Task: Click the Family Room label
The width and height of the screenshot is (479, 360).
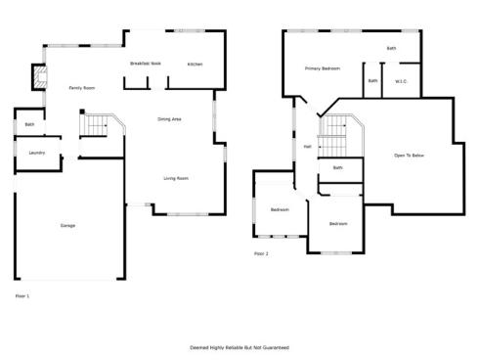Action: [x=81, y=88]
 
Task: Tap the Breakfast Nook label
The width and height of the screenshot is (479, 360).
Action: [x=145, y=64]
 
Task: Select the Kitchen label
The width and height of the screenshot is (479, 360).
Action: [x=196, y=64]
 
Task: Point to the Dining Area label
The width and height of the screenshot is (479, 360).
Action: [x=169, y=119]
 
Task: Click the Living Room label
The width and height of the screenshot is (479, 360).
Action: [x=176, y=178]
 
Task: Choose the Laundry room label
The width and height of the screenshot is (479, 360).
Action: [x=37, y=153]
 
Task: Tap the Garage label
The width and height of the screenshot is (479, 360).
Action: [x=67, y=225]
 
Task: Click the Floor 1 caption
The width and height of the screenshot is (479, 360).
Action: [x=22, y=295]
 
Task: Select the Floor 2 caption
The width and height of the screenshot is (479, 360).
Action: [x=261, y=253]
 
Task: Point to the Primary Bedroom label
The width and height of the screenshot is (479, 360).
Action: [x=322, y=68]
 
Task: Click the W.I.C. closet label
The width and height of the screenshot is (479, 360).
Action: [x=401, y=81]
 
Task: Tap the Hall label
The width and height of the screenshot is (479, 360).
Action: [x=307, y=147]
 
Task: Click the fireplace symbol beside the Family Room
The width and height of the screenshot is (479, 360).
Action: [x=40, y=78]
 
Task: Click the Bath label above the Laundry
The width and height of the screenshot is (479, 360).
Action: [x=29, y=124]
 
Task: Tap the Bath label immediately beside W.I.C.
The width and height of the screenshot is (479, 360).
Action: [x=372, y=81]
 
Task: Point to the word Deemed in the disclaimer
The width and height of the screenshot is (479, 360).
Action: [x=198, y=347]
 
